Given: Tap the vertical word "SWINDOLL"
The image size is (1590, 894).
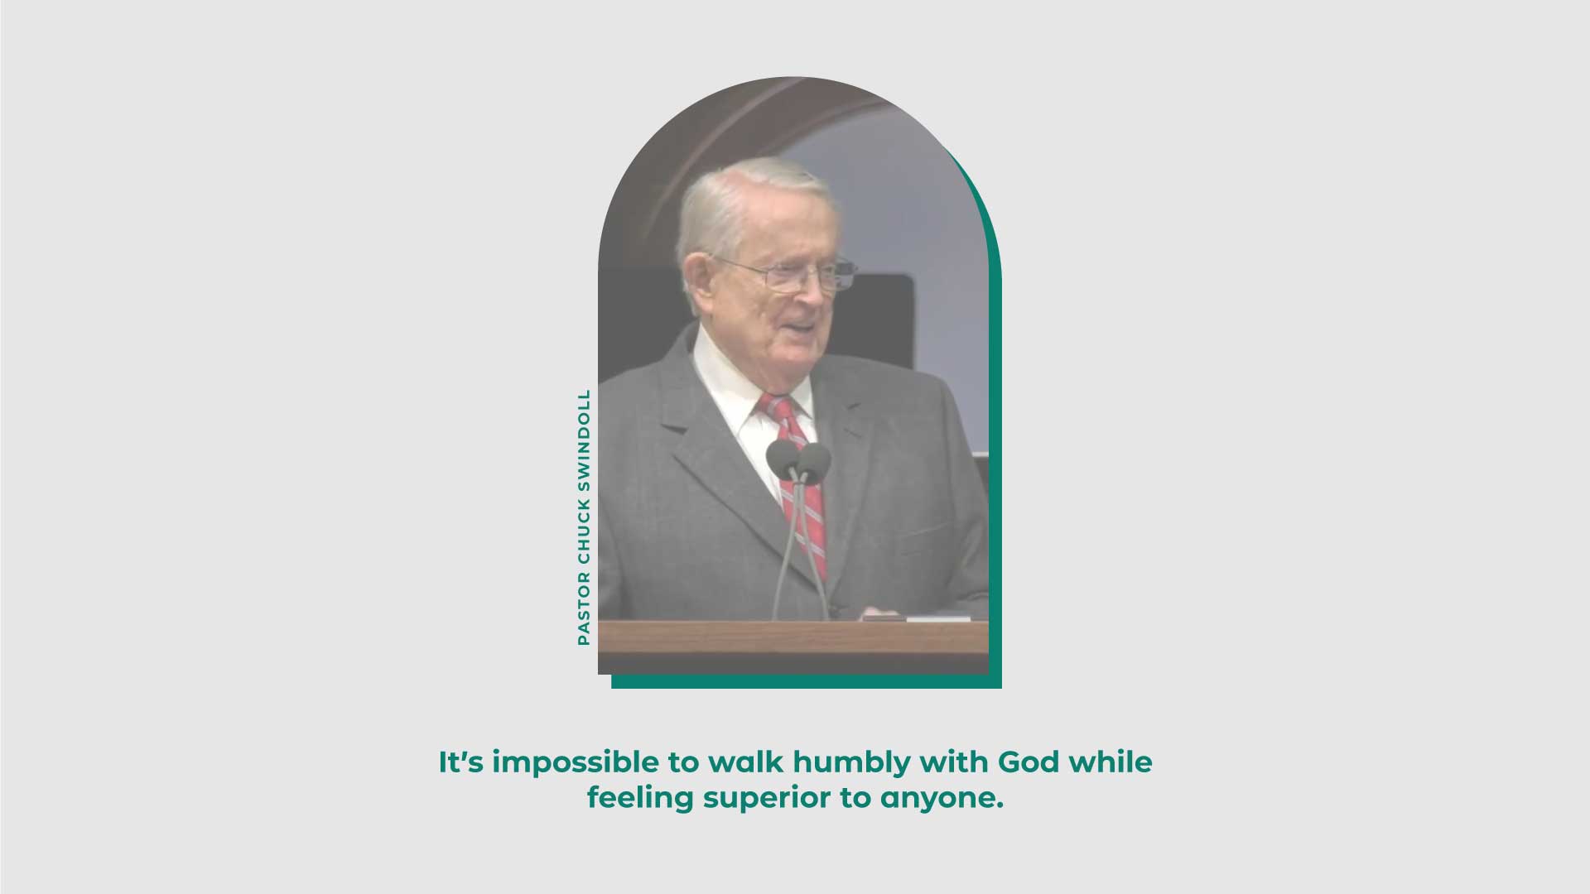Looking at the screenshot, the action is pos(584,441).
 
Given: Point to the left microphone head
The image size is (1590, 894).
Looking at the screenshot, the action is pos(783,459).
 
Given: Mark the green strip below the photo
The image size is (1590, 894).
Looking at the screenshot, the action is pos(807,681).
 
